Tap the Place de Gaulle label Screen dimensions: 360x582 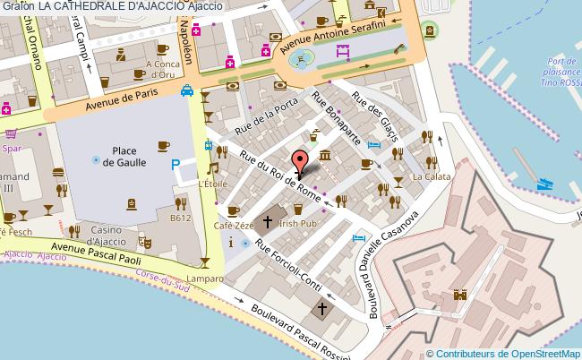[x=124, y=156]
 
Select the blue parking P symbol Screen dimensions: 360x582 [x=176, y=166]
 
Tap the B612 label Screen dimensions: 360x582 [x=181, y=217]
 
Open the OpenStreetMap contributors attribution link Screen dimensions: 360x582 [x=507, y=353]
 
